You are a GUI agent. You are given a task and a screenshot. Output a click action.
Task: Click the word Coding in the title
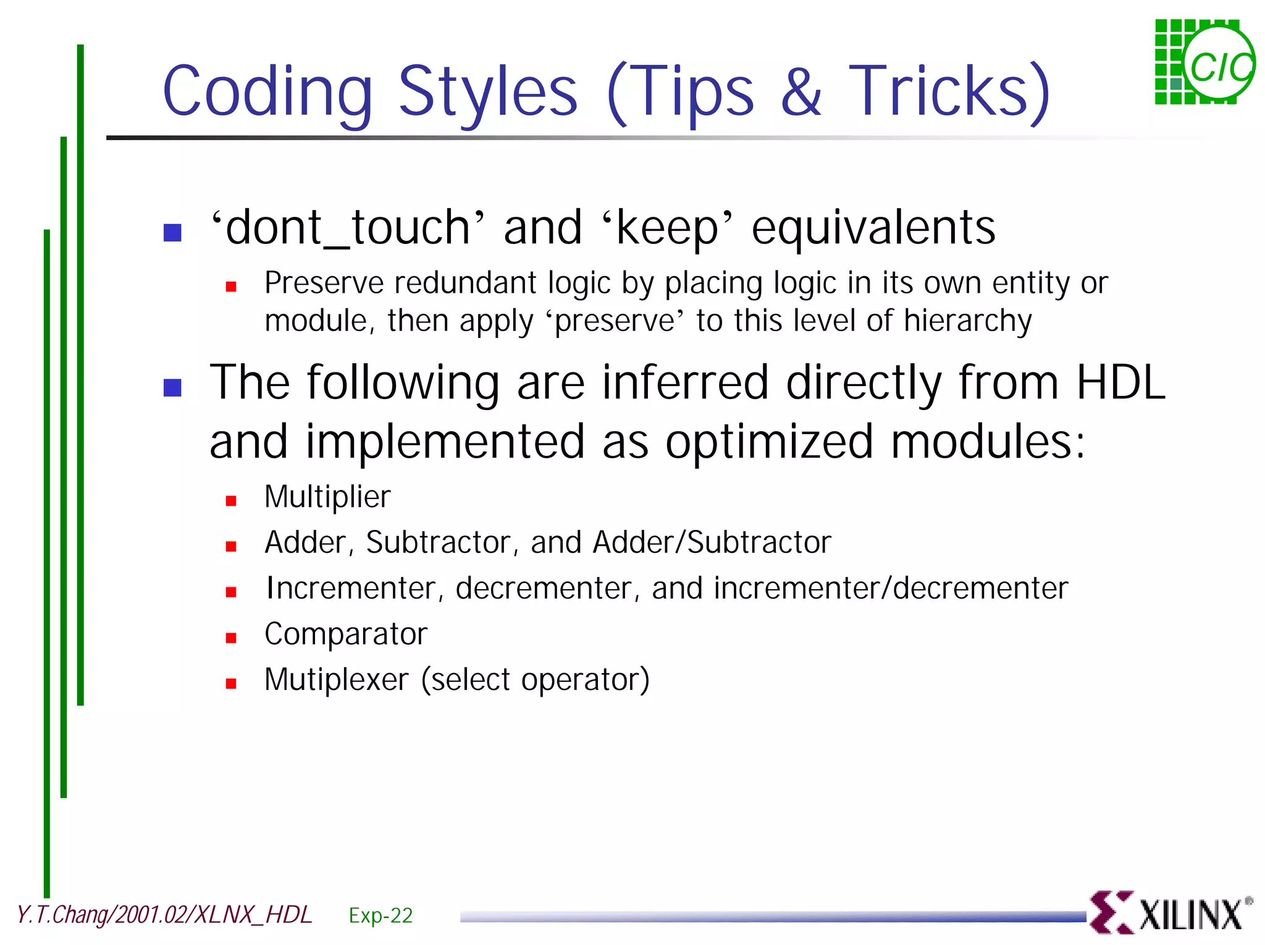tap(267, 93)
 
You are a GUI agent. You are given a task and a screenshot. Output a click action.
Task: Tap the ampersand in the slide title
tap(801, 93)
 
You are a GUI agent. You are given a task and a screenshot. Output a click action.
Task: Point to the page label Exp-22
tap(380, 915)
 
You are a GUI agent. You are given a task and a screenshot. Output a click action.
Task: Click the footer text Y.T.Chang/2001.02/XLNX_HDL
tap(164, 915)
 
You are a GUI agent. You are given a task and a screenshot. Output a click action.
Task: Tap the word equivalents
tap(873, 228)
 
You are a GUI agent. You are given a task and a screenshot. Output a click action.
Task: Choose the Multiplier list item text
tap(327, 497)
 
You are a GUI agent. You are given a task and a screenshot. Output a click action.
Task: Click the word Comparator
tap(346, 634)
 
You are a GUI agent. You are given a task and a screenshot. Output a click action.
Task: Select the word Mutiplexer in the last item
tap(337, 679)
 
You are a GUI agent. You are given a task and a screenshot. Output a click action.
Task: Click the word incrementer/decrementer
tap(890, 588)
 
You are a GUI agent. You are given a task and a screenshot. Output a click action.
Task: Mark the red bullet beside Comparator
tap(231, 638)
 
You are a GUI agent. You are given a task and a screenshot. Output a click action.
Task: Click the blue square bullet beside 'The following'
tap(172, 387)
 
